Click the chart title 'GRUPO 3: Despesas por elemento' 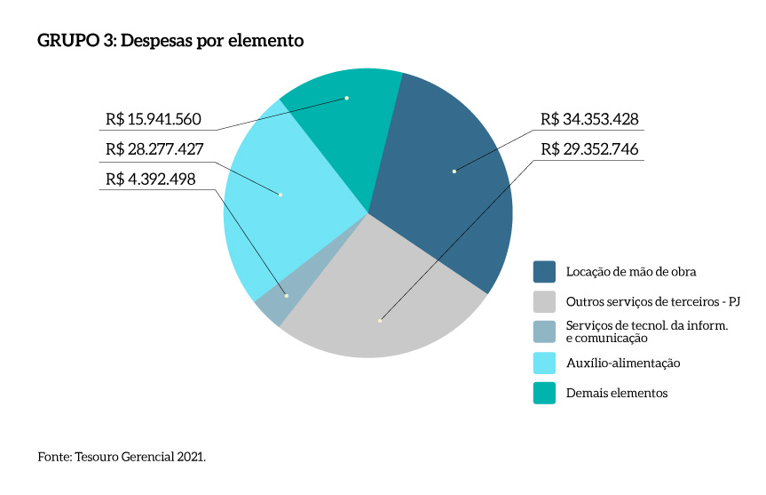click(170, 41)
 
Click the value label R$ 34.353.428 click(589, 120)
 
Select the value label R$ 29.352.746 click(589, 148)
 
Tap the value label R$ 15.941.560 click(154, 119)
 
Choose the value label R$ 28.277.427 click(154, 148)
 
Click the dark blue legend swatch click(544, 270)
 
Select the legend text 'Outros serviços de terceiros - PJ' click(652, 301)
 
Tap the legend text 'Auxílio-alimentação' click(623, 363)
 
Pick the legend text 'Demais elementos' click(616, 393)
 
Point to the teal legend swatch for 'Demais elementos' click(544, 393)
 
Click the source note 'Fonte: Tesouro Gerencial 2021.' click(122, 457)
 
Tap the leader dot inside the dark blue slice click(454, 171)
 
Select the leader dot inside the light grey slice click(379, 320)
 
